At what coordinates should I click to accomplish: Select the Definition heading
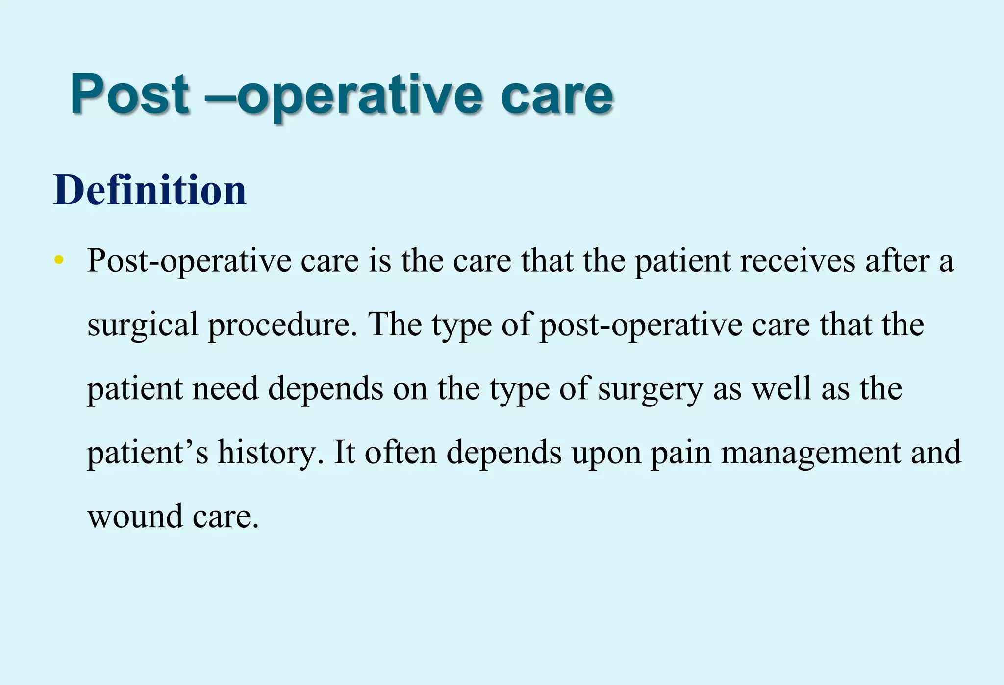click(150, 190)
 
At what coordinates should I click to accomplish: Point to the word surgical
click(142, 325)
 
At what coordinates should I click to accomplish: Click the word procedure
click(283, 325)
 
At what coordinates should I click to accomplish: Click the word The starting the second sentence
click(395, 325)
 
